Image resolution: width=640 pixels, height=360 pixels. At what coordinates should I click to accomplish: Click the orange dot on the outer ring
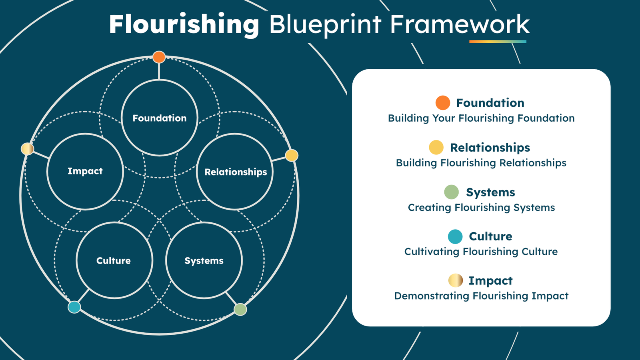159,57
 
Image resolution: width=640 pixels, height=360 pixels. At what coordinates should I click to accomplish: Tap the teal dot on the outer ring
74,307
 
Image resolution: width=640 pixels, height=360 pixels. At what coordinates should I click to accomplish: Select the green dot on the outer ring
240,309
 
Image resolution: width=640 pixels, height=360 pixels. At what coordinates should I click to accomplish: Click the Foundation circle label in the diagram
160,118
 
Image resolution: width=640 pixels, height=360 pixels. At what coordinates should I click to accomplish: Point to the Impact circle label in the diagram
85,171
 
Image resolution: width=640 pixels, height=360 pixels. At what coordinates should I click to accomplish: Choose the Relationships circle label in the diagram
236,172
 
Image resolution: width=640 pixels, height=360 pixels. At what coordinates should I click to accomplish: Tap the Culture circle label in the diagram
114,261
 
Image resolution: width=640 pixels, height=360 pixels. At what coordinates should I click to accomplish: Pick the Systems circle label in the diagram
204,261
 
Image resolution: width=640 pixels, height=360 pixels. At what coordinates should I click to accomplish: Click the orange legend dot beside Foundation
443,103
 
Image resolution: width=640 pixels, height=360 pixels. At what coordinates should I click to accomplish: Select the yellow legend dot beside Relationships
436,147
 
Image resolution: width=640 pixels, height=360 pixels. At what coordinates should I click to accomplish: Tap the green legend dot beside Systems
451,192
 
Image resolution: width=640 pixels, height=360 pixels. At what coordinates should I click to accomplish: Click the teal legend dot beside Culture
455,236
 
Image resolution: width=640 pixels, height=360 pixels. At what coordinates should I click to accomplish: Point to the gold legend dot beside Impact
456,280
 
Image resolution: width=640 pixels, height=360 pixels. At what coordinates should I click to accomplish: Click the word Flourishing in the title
184,25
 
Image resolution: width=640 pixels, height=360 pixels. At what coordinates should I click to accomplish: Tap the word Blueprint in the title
325,25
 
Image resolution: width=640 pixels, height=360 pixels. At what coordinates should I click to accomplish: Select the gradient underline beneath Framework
498,41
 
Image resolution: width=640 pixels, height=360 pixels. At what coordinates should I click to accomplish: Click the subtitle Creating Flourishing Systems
481,208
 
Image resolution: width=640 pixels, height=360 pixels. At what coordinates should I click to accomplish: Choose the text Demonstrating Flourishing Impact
481,296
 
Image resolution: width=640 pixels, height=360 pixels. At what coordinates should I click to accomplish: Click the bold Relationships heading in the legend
490,148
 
